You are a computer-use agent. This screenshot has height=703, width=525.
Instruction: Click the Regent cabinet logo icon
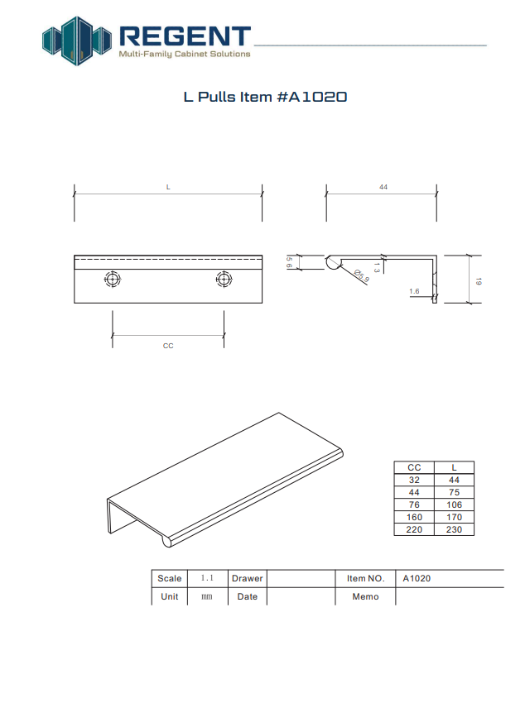77,41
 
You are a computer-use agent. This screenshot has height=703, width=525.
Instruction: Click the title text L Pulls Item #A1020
265,97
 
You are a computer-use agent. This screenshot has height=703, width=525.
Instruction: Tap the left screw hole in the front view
112,280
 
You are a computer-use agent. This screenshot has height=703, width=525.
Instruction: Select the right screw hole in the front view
224,280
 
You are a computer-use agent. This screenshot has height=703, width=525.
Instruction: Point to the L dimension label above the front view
168,187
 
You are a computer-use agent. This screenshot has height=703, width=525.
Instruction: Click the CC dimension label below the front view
168,346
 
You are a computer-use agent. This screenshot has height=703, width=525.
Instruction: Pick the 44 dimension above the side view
383,187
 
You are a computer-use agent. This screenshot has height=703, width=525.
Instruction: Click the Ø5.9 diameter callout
362,275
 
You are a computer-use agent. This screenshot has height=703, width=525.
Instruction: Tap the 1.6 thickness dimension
414,291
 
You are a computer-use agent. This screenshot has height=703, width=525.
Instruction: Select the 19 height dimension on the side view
479,281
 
